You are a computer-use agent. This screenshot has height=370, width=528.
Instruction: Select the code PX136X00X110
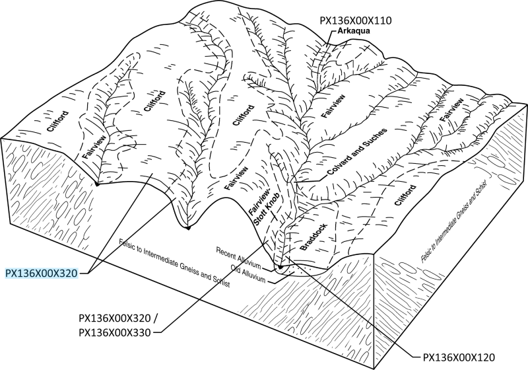[356, 20]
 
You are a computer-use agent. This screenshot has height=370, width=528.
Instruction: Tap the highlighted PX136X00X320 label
[42, 272]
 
